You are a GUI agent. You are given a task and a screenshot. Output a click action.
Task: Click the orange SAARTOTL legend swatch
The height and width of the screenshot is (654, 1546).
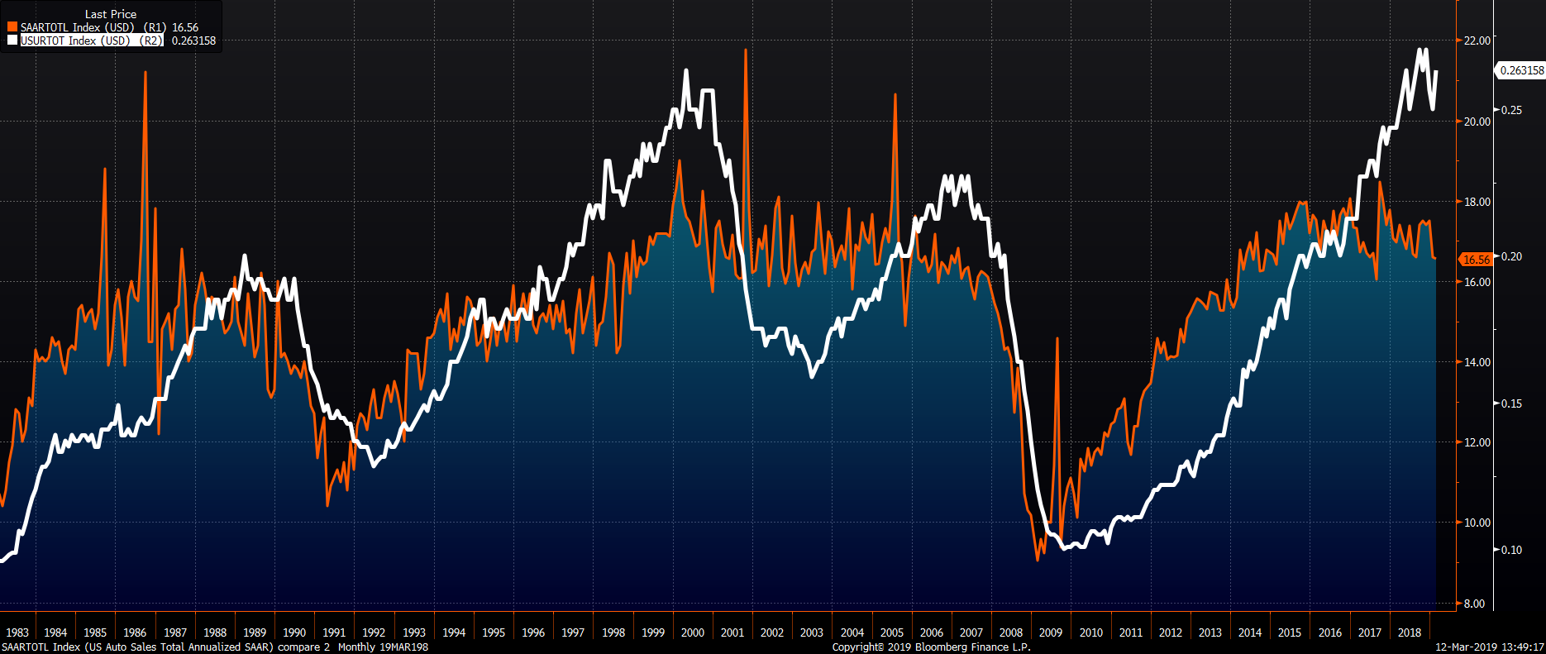(12, 27)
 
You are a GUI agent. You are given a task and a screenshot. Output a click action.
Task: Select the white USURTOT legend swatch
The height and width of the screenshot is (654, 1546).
(12, 40)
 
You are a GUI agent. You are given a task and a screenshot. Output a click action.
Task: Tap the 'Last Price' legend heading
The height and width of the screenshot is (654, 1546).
(110, 14)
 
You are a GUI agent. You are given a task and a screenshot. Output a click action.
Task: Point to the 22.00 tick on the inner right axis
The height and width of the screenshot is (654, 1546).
(1477, 41)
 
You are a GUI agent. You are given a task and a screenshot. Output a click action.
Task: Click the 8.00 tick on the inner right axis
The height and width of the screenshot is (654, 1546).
(1474, 604)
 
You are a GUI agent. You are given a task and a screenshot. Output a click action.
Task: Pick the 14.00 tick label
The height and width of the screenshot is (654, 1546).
(1477, 362)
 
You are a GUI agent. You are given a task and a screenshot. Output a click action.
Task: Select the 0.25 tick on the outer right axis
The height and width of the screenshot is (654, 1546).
(1511, 110)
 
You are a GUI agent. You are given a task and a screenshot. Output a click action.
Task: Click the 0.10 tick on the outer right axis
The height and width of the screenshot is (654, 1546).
(1511, 550)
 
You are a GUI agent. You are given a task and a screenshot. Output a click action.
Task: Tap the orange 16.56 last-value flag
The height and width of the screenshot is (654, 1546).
(1476, 260)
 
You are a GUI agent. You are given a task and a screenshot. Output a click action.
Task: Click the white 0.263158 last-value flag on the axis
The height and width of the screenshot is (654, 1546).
(1521, 70)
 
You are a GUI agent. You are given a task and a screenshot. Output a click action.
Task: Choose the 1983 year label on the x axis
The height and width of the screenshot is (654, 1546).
(17, 633)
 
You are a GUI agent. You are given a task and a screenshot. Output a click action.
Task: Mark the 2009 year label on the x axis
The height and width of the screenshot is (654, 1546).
(1050, 633)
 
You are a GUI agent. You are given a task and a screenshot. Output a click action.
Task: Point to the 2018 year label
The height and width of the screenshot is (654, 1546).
(1409, 633)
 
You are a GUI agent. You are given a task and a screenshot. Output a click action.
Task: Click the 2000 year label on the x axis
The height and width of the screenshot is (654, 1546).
(692, 633)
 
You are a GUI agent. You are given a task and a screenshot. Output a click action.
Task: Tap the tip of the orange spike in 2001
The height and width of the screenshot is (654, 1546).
(746, 50)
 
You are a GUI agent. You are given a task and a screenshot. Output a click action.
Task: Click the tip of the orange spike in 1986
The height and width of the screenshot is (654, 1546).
(146, 72)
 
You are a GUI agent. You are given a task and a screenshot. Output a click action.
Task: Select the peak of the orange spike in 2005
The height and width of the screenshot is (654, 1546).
(895, 94)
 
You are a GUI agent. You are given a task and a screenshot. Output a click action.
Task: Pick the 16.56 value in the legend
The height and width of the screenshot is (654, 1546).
(185, 27)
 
